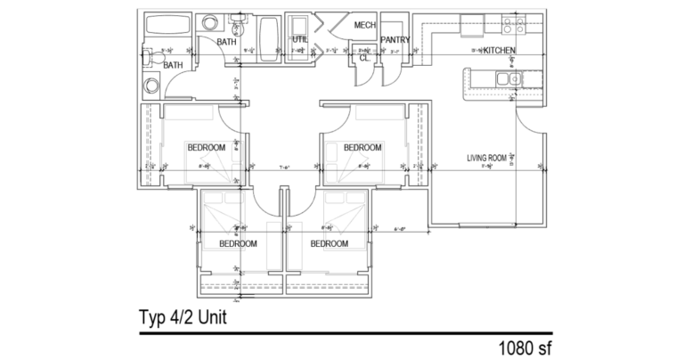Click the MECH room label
click(364, 25)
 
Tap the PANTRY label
click(395, 40)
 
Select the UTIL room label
click(299, 40)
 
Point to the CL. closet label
click(363, 57)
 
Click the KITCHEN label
click(499, 52)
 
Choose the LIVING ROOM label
click(486, 159)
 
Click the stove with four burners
click(513, 25)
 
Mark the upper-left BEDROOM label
click(205, 147)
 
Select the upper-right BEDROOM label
click(362, 147)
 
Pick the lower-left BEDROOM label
click(238, 243)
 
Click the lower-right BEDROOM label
click(329, 243)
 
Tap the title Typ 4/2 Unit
click(188, 316)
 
